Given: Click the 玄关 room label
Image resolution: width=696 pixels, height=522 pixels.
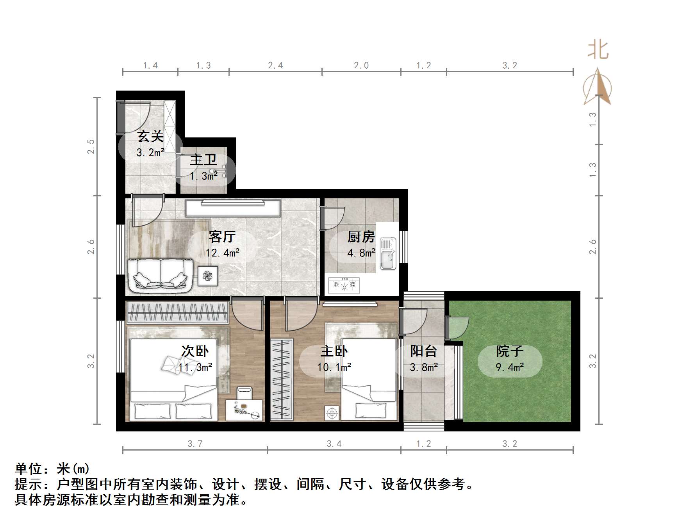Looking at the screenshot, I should coord(150,137).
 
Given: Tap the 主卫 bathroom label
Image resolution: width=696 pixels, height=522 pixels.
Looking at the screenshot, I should coord(203,160).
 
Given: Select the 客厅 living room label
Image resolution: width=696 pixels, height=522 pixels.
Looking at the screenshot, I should coord(222,237).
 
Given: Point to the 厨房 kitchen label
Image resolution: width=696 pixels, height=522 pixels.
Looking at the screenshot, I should coord(361,237).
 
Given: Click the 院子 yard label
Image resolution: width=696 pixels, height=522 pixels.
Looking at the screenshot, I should coord(509,351).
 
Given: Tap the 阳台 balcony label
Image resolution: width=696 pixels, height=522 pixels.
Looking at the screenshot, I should coord(423,351).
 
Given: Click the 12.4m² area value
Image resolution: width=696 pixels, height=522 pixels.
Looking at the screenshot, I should coord(222,253).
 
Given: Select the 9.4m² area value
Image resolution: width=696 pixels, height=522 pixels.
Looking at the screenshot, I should coord(509,367).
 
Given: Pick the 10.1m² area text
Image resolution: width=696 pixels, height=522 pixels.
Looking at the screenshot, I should coord(334,367).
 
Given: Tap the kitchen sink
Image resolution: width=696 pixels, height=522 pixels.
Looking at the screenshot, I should coord(388,254).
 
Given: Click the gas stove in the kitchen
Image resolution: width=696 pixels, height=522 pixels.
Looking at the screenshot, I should coord(344,285).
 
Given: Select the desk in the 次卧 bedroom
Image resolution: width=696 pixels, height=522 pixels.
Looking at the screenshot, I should coord(244,410).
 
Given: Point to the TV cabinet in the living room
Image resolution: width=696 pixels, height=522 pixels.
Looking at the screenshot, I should coord(233,208).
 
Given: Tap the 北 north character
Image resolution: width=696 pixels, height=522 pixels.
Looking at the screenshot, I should coord(598,50).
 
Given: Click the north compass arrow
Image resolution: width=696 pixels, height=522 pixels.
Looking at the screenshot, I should coord(597,87).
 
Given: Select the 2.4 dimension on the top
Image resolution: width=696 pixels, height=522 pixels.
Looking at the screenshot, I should coord(275,66).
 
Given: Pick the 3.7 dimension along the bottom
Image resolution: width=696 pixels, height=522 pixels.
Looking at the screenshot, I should coord(195,444).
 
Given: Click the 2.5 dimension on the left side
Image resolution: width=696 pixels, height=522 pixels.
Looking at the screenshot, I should coord(91,146).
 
